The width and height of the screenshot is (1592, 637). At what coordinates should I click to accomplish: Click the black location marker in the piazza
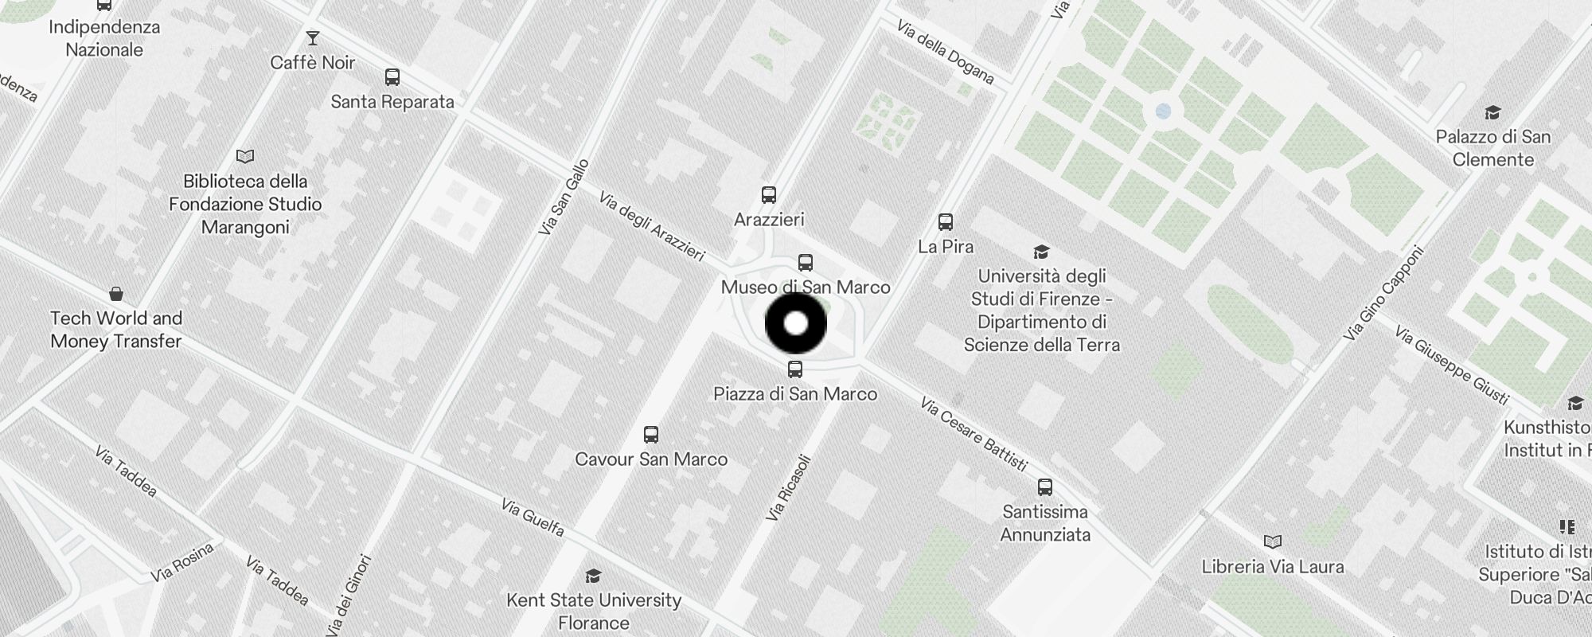pyautogui.click(x=796, y=323)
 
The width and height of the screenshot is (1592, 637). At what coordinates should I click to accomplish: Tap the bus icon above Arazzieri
pyautogui.click(x=768, y=195)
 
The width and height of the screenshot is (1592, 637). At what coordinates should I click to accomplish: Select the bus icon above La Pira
pyautogui.click(x=945, y=221)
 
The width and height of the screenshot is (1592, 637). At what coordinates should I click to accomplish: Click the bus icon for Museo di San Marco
pyautogui.click(x=806, y=263)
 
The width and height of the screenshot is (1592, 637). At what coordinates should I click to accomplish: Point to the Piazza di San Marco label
pyautogui.click(x=795, y=393)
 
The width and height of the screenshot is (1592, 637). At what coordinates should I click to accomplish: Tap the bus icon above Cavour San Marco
pyautogui.click(x=651, y=434)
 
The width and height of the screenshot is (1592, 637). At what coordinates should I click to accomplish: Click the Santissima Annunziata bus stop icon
pyautogui.click(x=1045, y=487)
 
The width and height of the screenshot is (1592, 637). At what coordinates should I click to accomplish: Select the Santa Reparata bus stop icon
pyautogui.click(x=392, y=77)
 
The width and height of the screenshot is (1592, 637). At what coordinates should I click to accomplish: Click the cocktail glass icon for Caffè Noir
pyautogui.click(x=312, y=38)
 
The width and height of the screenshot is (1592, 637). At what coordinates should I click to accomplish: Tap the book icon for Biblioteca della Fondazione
pyautogui.click(x=245, y=156)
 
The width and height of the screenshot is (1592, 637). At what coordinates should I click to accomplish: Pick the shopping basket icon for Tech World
pyautogui.click(x=116, y=294)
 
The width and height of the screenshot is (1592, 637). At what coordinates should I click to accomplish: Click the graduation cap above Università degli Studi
pyautogui.click(x=1041, y=252)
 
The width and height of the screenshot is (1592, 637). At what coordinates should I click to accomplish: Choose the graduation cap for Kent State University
pyautogui.click(x=593, y=576)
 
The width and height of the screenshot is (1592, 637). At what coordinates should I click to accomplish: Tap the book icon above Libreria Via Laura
pyautogui.click(x=1273, y=541)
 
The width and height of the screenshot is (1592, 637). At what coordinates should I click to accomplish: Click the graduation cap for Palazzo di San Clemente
pyautogui.click(x=1492, y=112)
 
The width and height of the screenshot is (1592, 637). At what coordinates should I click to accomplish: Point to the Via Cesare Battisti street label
pyautogui.click(x=974, y=435)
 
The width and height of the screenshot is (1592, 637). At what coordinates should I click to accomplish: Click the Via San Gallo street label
pyautogui.click(x=564, y=197)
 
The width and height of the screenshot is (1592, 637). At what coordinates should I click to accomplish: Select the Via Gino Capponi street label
pyautogui.click(x=1382, y=294)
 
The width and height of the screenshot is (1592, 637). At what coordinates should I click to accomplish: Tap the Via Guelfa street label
pyautogui.click(x=533, y=517)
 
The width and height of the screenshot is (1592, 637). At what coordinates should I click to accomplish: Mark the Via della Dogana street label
pyautogui.click(x=945, y=52)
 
